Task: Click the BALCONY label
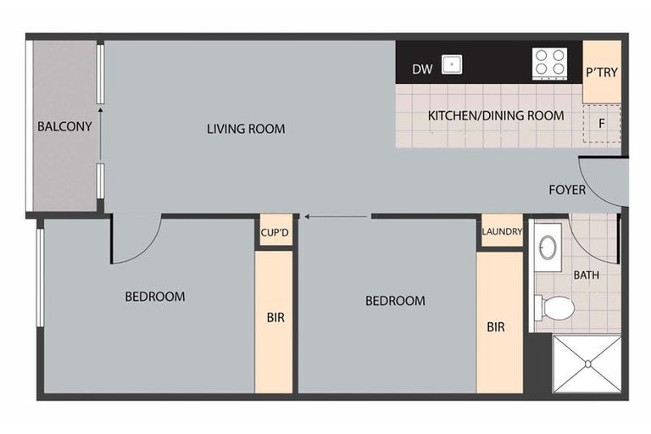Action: tap(64, 126)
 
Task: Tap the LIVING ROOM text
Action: tap(246, 129)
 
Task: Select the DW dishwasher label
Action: tap(422, 69)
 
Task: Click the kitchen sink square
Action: tap(452, 64)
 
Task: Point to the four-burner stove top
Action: tap(549, 64)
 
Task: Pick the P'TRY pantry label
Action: tap(602, 72)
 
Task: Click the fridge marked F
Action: tap(602, 124)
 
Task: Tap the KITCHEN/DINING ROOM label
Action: tap(496, 115)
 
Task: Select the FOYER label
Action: tap(567, 190)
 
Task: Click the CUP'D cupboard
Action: tap(275, 231)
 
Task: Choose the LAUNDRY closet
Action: tap(502, 231)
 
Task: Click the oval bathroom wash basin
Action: tap(548, 248)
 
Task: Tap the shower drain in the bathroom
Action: tap(588, 364)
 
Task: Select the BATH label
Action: tap(587, 275)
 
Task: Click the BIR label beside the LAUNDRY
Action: tap(496, 327)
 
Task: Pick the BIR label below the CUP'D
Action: tap(275, 318)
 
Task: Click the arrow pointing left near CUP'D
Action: tap(336, 216)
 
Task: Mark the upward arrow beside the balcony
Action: tap(100, 133)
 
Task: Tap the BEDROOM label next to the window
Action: tap(155, 297)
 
